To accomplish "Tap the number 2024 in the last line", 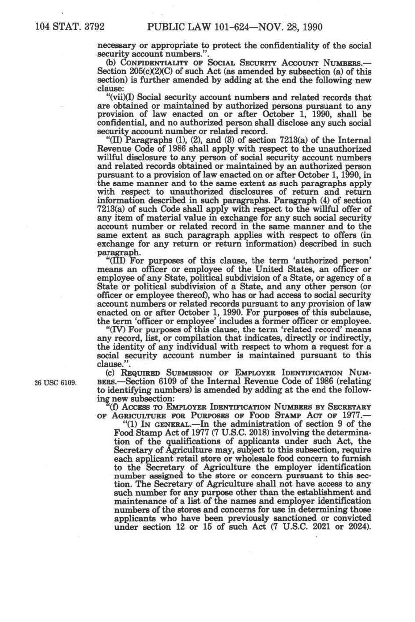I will [356, 527].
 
